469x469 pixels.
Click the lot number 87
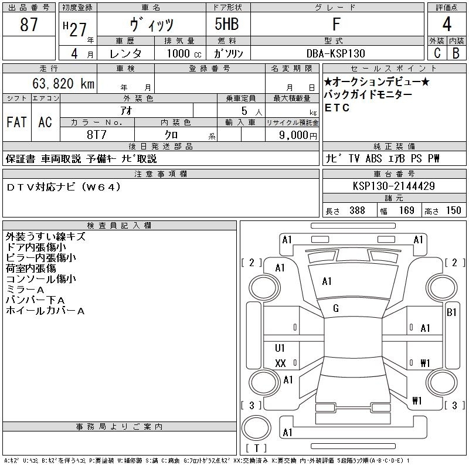29,24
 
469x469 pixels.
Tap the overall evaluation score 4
447,24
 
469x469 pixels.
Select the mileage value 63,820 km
63,83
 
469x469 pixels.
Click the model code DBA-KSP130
336,53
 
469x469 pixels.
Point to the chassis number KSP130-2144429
393,186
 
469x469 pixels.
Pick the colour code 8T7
97,135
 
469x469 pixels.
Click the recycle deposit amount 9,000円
298,135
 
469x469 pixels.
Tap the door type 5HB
227,24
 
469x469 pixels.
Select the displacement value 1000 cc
184,53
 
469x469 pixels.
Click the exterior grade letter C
437,53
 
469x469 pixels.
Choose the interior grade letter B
456,53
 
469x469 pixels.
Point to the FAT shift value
16,122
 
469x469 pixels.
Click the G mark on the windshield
336,308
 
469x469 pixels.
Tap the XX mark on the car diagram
280,363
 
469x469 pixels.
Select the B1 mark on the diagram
451,312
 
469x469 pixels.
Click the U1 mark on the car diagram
280,348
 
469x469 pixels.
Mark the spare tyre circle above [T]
256,428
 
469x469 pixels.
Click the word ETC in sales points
337,108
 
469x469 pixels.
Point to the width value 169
406,210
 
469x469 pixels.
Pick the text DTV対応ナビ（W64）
63,187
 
